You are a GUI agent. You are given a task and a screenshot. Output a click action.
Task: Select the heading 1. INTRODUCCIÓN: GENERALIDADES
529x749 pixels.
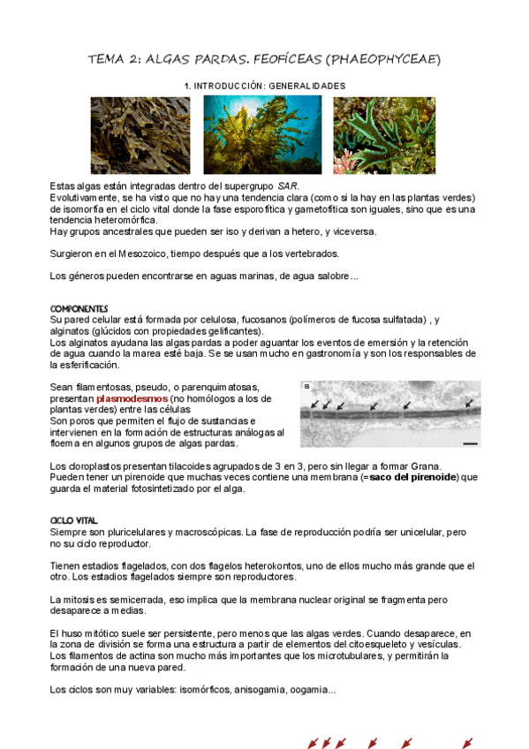click(x=264, y=86)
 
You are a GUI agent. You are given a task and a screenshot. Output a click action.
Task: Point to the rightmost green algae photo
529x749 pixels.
click(x=384, y=134)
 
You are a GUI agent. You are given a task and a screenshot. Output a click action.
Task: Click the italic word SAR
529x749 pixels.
click(x=288, y=186)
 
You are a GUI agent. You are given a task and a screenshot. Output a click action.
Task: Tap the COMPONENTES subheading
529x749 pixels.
click(x=79, y=308)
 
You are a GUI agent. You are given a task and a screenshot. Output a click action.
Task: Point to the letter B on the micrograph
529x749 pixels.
click(x=306, y=387)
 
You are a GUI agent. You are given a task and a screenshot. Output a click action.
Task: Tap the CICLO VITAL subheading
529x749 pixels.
click(x=73, y=520)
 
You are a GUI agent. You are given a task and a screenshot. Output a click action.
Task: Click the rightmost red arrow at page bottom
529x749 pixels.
click(x=467, y=743)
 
